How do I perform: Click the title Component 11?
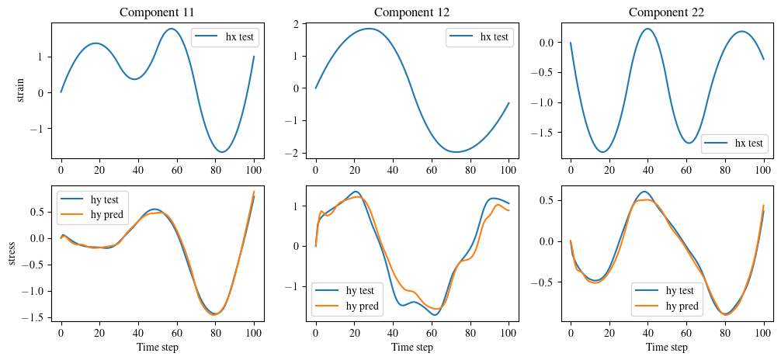click(x=157, y=12)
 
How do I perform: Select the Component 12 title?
click(x=411, y=12)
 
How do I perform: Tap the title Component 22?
click(x=666, y=12)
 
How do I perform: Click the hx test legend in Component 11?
click(x=226, y=37)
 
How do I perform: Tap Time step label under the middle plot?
click(x=411, y=347)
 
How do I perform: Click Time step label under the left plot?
click(x=157, y=347)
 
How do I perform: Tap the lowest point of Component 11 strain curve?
click(x=222, y=152)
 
